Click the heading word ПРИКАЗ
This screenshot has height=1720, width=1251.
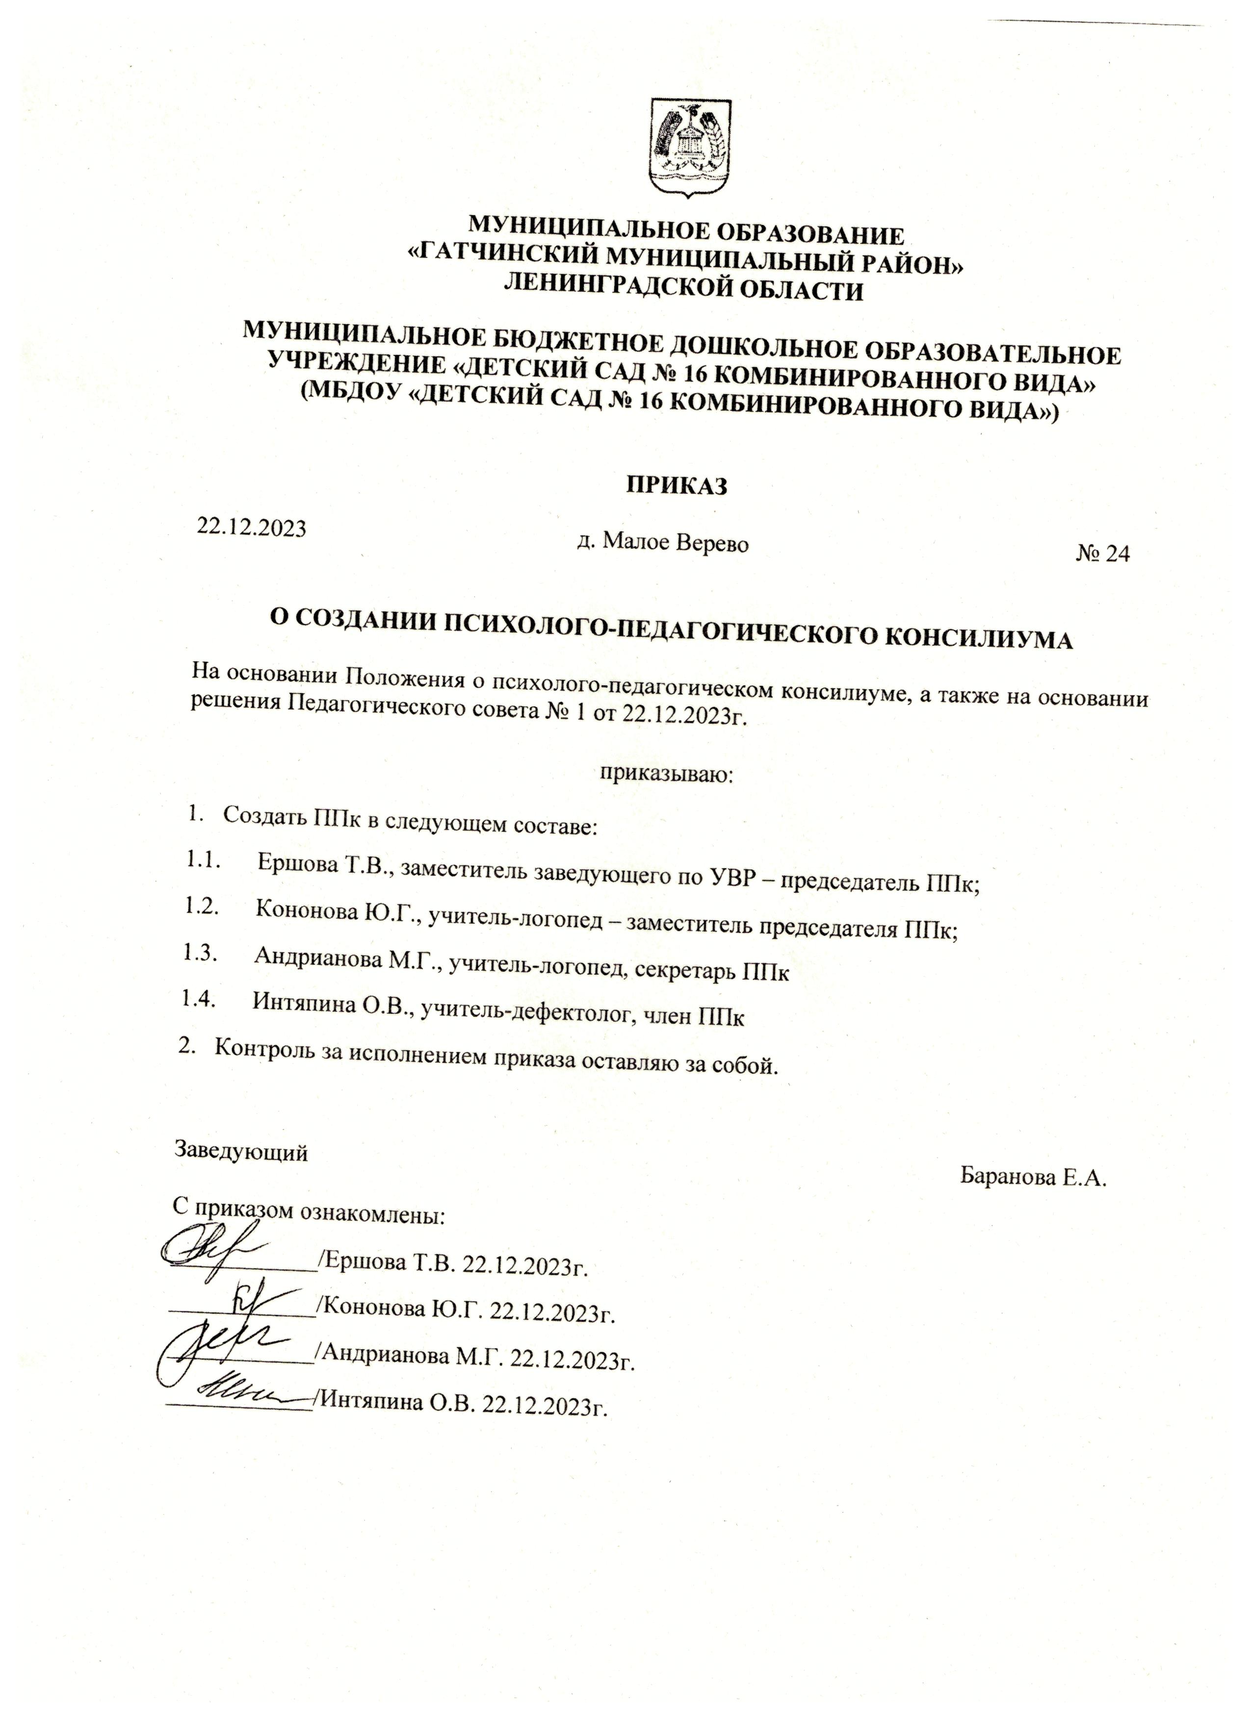click(677, 486)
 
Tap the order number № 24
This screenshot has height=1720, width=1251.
click(1102, 555)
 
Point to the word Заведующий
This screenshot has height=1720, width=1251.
click(242, 1151)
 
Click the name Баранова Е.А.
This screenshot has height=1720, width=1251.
click(1034, 1177)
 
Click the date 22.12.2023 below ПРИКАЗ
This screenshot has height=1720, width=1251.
click(252, 528)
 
